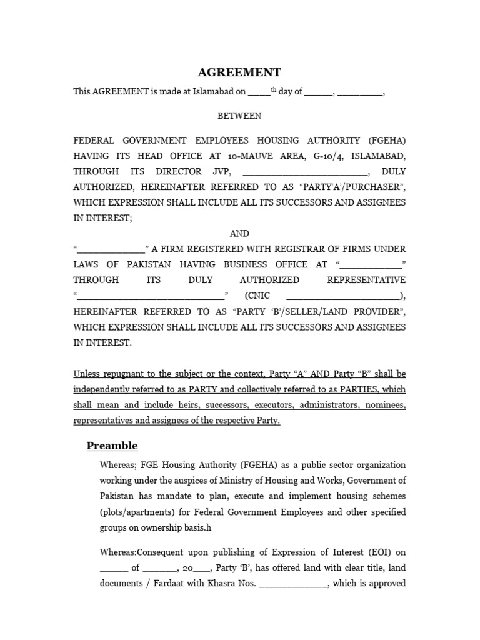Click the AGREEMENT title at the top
click(239, 72)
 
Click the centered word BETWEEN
click(239, 116)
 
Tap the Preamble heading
click(112, 446)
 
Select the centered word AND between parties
click(239, 233)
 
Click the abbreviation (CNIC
click(257, 296)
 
